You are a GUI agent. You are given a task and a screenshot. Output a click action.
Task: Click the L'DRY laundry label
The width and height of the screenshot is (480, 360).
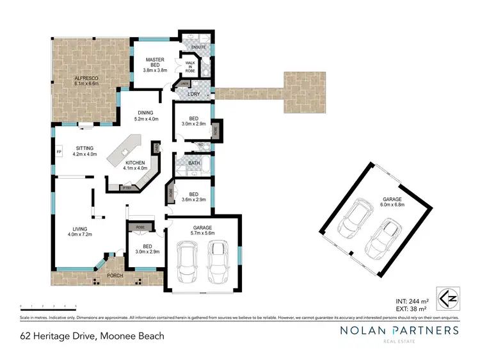194,95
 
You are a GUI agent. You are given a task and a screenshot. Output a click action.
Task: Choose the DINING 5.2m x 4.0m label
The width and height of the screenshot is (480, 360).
146,116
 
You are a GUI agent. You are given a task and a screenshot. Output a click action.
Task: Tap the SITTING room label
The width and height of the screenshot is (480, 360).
85,151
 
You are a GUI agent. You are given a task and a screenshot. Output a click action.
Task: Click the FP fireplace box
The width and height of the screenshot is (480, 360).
59,152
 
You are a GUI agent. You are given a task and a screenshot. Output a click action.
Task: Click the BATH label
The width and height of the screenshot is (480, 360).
193,163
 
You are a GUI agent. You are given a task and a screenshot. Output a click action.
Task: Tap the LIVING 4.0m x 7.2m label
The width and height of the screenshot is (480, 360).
80,231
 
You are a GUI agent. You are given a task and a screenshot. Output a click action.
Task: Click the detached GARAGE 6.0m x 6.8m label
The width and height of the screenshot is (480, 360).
393,202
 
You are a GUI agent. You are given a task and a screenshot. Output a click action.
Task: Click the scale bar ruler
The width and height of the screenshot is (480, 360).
48,308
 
